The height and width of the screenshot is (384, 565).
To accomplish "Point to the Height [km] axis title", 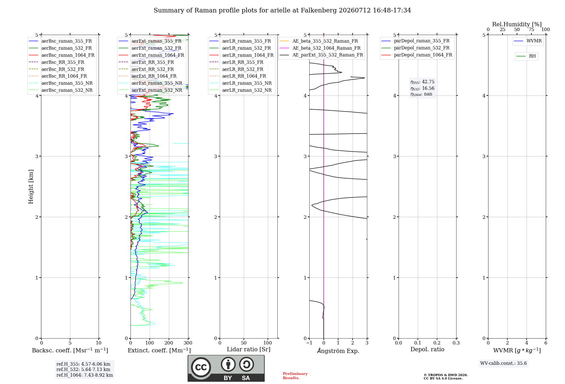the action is click(31, 187).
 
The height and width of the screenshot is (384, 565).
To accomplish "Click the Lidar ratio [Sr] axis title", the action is click(249, 349).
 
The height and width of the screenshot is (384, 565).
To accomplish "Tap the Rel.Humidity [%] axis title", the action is click(517, 24).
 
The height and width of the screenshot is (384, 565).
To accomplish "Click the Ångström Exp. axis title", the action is click(338, 350).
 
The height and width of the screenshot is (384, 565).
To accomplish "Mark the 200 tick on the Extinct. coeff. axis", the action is click(169, 343).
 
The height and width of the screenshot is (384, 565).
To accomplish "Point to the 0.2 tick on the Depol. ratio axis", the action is click(437, 343).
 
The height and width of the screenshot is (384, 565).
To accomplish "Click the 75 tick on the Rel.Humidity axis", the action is click(531, 30).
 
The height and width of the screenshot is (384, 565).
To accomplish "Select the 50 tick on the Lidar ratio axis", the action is click(244, 343).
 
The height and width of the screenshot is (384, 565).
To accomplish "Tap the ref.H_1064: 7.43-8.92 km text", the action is click(85, 375).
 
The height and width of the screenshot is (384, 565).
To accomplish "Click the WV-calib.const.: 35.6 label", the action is click(503, 363).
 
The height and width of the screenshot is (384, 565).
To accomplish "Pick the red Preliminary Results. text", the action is click(295, 376).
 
